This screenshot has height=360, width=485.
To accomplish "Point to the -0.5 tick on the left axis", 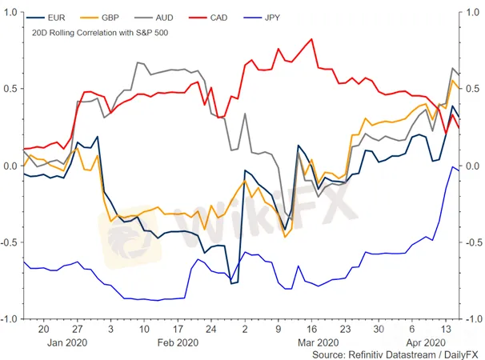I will pos(9,242).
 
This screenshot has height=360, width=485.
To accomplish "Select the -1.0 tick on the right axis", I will pos(472,318).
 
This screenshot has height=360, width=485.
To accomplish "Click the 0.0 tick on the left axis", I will pos(10,166).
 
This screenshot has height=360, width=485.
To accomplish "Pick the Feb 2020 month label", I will pos(178,342).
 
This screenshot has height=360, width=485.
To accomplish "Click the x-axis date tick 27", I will pos(78,329).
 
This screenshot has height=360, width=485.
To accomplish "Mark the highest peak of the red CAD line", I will pos(310,39).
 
